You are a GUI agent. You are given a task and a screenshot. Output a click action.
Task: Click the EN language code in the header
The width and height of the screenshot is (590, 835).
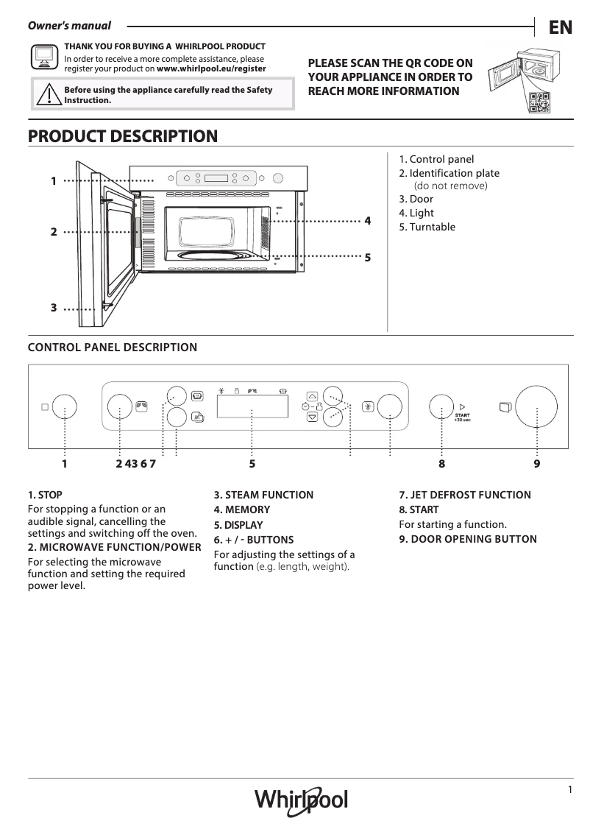click(x=561, y=27)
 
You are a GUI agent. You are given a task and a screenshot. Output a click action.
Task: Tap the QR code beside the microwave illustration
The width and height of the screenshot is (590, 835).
click(x=539, y=104)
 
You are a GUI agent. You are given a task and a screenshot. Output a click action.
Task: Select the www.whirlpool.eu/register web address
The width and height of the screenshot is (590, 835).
click(x=211, y=68)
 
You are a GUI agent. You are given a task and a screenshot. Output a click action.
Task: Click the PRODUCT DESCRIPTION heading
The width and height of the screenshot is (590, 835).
click(x=122, y=136)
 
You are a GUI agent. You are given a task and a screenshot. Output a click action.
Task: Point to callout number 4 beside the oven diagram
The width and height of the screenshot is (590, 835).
click(x=367, y=221)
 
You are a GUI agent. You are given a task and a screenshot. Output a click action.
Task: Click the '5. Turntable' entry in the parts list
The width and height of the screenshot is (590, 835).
click(x=427, y=227)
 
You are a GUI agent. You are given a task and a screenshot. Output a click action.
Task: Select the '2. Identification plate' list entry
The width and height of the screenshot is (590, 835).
click(x=449, y=173)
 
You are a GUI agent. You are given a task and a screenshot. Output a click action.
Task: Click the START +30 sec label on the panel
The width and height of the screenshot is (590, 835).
click(x=462, y=417)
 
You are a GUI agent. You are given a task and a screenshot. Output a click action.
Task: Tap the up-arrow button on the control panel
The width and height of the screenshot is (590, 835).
click(x=312, y=395)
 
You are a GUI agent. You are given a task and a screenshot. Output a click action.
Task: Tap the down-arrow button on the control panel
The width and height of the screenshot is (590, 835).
click(x=312, y=417)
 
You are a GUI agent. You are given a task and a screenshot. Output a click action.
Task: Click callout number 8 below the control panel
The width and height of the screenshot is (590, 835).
click(x=441, y=464)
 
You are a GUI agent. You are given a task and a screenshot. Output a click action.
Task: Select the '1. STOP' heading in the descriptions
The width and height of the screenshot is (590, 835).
click(x=45, y=495)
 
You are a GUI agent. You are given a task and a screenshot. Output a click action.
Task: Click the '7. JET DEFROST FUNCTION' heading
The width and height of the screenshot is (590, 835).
click(x=464, y=495)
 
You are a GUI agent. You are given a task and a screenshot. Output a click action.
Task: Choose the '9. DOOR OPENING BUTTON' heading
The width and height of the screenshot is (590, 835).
click(x=468, y=539)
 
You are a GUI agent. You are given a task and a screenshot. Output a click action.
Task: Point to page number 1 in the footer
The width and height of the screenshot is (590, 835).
click(x=569, y=790)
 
